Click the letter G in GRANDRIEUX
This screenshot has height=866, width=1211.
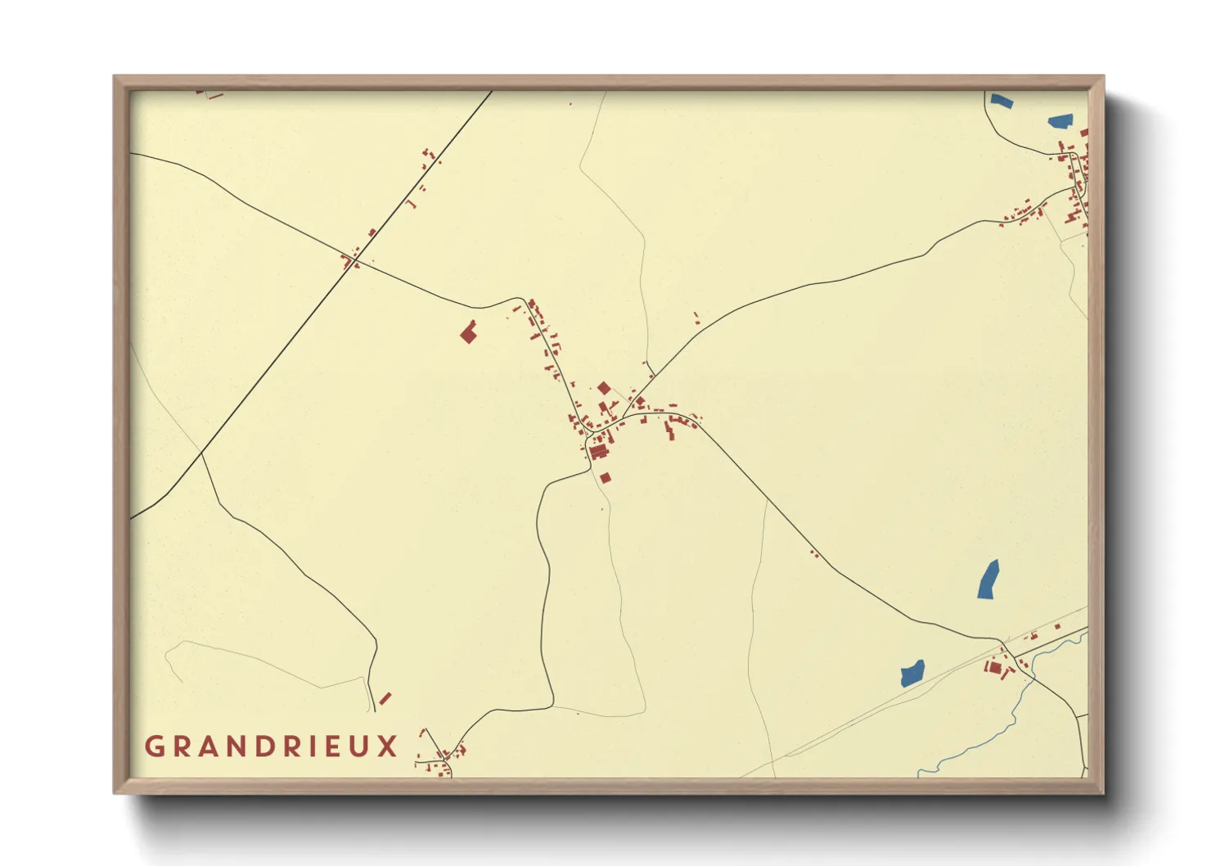[154, 746]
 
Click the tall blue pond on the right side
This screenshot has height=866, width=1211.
[988, 580]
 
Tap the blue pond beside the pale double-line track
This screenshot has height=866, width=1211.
[912, 673]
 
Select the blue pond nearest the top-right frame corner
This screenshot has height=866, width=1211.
[1060, 122]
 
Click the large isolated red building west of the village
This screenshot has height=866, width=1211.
[468, 332]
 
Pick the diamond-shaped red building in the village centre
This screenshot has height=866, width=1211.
[604, 388]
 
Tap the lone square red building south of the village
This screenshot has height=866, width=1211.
[605, 478]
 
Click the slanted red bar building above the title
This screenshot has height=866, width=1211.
[385, 698]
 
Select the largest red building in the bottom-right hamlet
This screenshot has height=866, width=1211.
[994, 667]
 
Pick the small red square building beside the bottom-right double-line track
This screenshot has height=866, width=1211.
[1057, 627]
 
